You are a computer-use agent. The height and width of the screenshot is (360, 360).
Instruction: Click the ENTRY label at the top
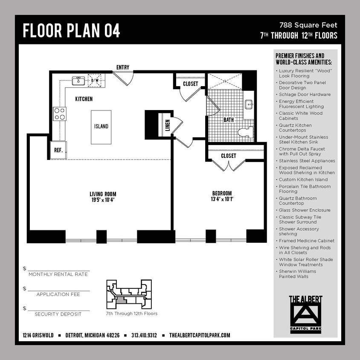coord(123,67)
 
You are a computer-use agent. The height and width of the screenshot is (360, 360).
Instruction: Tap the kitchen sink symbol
coord(78,81)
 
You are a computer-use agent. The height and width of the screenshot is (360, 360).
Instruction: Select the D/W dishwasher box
coord(95,81)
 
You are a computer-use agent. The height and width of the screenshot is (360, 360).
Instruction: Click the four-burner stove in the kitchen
coord(59,113)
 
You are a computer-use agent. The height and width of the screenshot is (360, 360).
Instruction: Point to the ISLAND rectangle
coord(101,126)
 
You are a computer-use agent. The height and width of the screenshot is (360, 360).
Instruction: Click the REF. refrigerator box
coord(58,150)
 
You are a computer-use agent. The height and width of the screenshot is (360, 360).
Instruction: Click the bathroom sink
coord(249,105)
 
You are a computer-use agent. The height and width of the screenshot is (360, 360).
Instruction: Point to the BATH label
coord(229,120)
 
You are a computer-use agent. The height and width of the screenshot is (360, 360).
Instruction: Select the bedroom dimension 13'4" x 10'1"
coord(222,199)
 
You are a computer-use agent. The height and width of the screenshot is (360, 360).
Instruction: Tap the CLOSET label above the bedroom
coord(228,156)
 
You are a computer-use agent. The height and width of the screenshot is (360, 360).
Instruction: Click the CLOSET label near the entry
coord(190,84)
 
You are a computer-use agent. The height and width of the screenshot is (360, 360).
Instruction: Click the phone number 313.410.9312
coord(144,335)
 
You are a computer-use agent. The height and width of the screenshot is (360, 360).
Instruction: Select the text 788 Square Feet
coord(308,25)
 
